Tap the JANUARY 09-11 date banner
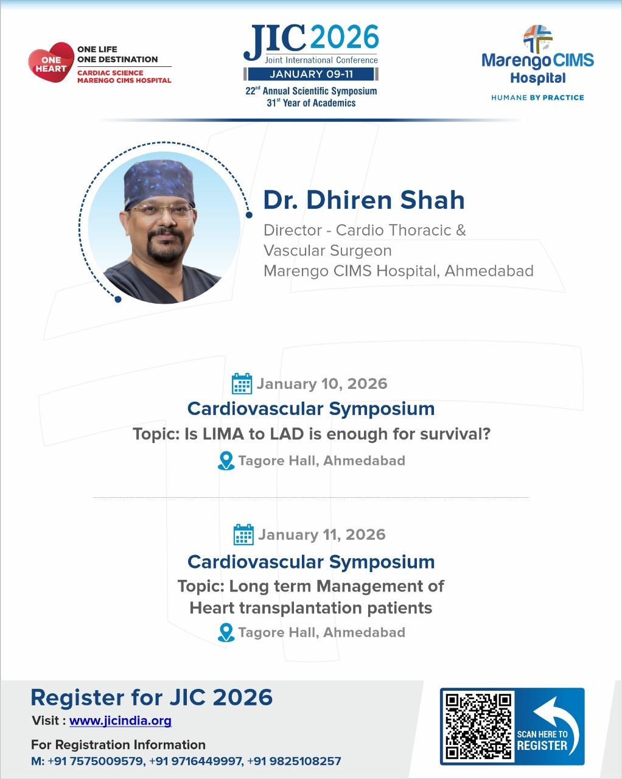coord(311,74)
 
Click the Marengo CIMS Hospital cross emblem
coord(537,38)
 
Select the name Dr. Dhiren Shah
coord(364,200)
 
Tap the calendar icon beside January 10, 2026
coord(242,384)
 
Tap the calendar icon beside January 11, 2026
coord(243,534)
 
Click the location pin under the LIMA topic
coord(226,461)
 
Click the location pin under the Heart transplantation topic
coord(226,632)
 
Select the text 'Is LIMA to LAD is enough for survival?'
coord(337,435)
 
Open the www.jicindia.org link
coord(121,721)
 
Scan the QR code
coord(478,725)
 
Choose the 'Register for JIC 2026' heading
coord(152,697)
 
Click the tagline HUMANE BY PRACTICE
coord(537,97)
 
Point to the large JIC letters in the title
coord(275,43)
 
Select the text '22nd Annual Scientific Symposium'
coord(311,91)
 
